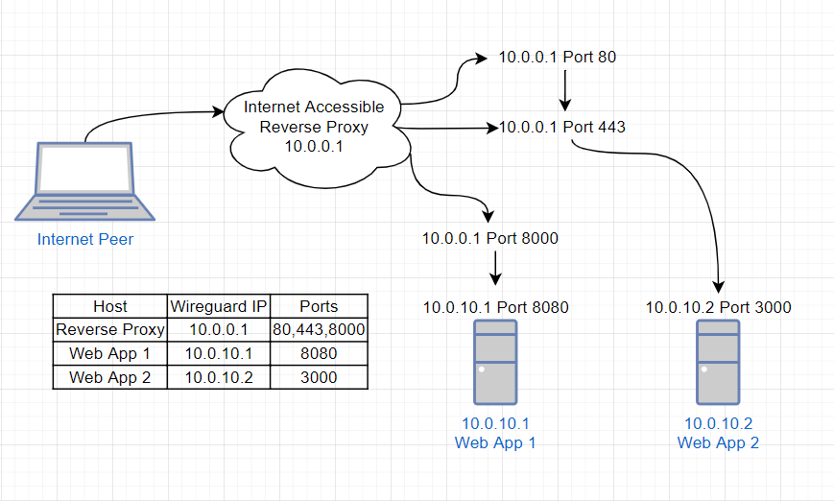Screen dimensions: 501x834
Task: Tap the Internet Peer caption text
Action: (85, 239)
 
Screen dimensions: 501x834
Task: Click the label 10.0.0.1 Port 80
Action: (557, 58)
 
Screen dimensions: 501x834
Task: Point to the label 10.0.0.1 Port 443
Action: (561, 127)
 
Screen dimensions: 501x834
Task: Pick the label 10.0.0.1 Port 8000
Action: (489, 238)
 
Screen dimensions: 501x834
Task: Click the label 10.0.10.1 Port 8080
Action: (495, 307)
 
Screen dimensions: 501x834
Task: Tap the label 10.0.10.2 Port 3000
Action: (718, 307)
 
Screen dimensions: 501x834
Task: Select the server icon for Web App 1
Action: (495, 362)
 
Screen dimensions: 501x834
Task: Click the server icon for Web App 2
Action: (718, 362)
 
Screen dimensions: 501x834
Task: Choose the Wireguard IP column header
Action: (219, 307)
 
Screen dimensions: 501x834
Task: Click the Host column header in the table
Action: (109, 307)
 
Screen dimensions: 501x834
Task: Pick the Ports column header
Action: (319, 307)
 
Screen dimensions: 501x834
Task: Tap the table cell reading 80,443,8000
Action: (319, 330)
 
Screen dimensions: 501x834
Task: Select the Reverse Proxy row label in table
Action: (109, 330)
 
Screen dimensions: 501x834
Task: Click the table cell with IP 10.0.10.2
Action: (219, 377)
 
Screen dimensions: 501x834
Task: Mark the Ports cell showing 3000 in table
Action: (319, 377)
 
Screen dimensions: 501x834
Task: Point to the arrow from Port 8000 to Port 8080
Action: (495, 269)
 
